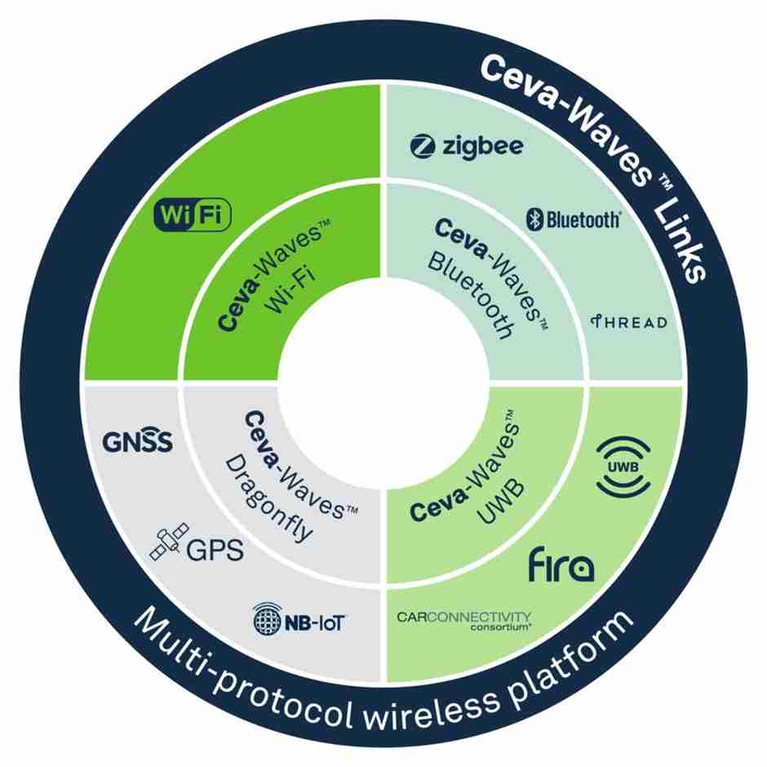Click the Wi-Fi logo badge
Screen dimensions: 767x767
193,215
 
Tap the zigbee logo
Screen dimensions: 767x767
466,146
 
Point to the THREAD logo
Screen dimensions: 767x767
628,321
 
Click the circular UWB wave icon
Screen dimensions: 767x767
623,467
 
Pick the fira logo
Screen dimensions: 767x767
561,565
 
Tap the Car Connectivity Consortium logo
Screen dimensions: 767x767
463,620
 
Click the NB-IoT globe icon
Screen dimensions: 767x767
268,619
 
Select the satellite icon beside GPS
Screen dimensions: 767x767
169,542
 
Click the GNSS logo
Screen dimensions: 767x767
137,441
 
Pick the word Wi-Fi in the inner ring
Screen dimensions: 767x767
290,290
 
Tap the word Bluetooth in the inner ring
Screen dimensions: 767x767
471,295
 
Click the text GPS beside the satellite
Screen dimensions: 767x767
215,550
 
